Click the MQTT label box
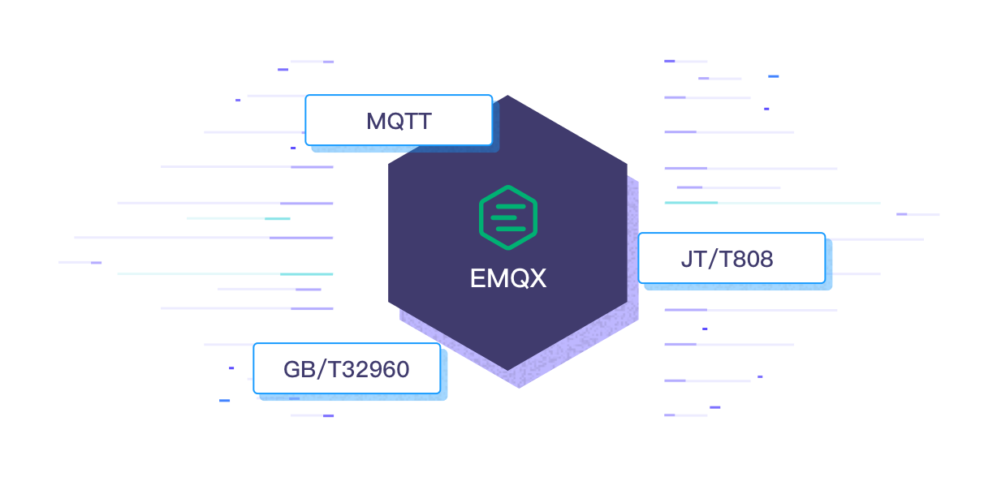(399, 120)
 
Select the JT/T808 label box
(731, 259)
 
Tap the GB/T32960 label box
(347, 369)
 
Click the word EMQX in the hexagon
(508, 279)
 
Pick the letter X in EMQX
(537, 279)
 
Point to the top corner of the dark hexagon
(508, 97)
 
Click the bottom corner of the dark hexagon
(508, 371)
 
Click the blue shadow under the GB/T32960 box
(357, 397)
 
